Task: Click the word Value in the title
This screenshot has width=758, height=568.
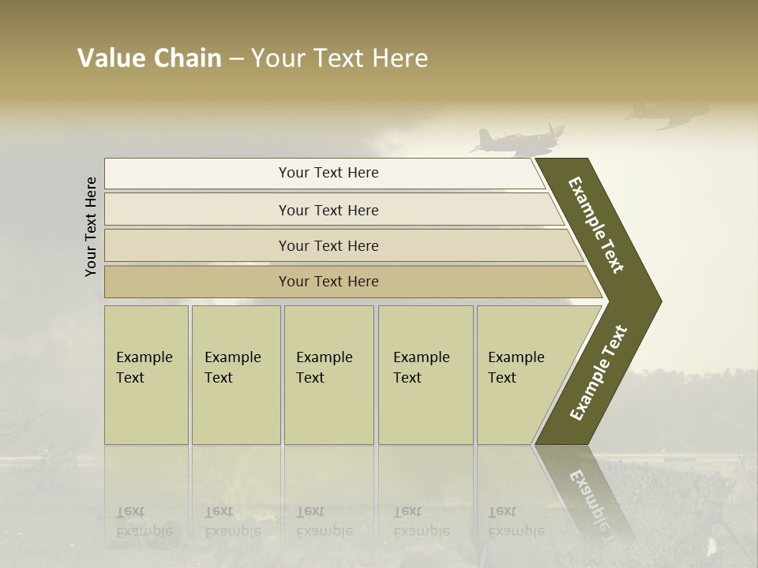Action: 111,58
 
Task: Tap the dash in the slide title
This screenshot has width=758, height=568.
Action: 236,59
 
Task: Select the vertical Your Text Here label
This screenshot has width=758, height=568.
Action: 91,226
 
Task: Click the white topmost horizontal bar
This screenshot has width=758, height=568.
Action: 328,173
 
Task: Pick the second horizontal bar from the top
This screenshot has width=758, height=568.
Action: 328,210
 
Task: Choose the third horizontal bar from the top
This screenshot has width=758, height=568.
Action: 328,245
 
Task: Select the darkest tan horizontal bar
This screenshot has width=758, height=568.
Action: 328,282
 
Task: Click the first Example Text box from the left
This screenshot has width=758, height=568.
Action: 146,374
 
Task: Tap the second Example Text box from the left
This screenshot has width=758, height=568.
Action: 235,374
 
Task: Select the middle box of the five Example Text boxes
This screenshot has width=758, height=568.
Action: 328,374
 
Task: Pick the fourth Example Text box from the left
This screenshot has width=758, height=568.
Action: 425,374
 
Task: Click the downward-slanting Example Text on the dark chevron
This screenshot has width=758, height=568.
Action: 596,225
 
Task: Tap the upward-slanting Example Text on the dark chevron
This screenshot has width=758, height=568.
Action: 599,372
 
